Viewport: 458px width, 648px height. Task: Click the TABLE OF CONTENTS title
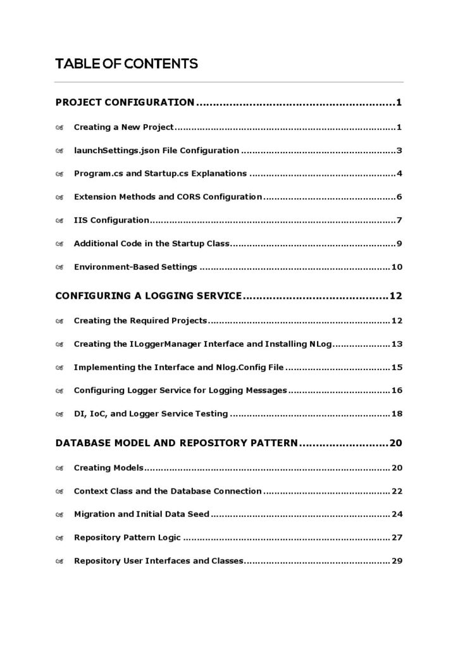tap(127, 64)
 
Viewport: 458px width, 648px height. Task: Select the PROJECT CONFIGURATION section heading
tap(125, 102)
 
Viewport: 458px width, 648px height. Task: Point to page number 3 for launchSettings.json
tap(399, 151)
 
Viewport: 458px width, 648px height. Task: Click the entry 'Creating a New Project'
tap(123, 127)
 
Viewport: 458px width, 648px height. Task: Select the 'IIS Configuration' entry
tap(111, 220)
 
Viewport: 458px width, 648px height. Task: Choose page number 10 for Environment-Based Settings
tap(397, 266)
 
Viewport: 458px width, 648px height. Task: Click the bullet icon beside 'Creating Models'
tap(59, 468)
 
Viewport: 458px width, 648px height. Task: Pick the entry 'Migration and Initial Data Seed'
tap(141, 514)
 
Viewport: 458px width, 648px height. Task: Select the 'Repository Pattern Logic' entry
tap(127, 537)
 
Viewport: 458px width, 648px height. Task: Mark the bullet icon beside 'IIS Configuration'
tap(59, 221)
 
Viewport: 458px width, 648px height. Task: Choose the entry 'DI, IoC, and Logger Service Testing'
tap(151, 414)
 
